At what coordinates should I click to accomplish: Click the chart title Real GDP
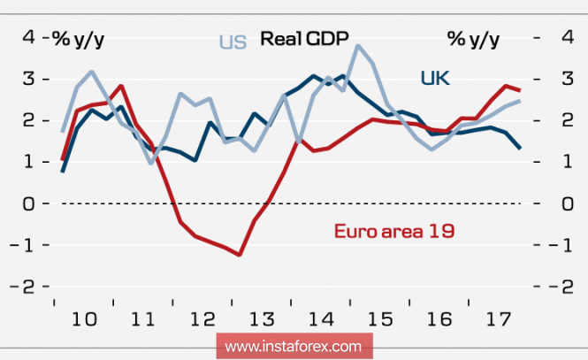(x=304, y=38)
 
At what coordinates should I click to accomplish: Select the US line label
(x=233, y=42)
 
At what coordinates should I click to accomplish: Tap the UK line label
(x=434, y=79)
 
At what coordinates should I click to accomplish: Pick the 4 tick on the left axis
(x=28, y=37)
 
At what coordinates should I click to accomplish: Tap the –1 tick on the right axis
(x=557, y=245)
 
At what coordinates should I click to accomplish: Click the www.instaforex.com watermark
(x=294, y=345)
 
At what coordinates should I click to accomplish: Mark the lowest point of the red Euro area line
(x=240, y=255)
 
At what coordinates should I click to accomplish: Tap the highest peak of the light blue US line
(x=357, y=46)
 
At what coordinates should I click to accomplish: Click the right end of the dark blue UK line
(x=519, y=148)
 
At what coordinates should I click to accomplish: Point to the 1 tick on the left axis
(x=28, y=162)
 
